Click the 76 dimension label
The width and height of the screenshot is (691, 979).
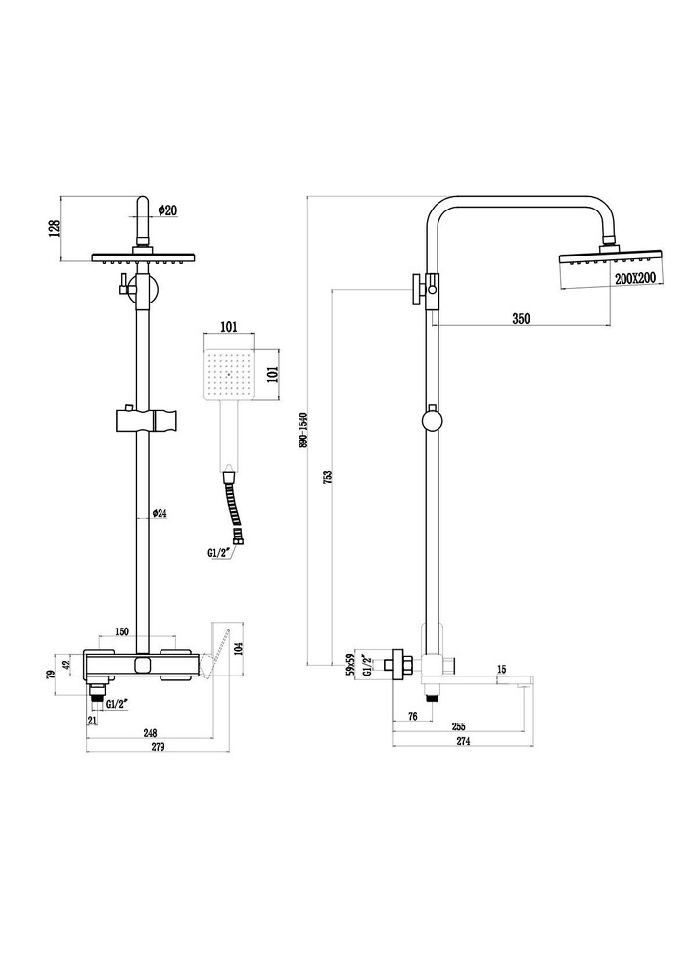413,717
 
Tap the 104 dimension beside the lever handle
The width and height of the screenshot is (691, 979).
237,646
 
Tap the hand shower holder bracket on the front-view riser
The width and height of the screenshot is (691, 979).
145,420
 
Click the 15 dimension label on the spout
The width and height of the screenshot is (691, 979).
501,670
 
